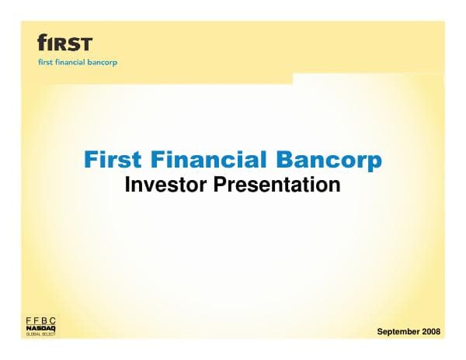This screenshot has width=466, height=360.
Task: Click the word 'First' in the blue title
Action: click(x=113, y=161)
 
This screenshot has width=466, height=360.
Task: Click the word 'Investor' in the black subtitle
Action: click(x=167, y=185)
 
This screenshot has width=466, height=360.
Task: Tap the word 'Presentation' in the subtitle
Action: click(x=276, y=185)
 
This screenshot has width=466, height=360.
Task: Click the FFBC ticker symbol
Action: click(x=41, y=320)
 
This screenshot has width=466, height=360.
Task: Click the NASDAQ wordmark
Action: click(x=41, y=329)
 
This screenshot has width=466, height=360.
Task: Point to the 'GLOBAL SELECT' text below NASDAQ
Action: click(x=41, y=335)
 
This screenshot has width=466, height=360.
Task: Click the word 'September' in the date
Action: click(x=397, y=332)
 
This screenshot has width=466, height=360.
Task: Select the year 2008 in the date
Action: click(x=430, y=332)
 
